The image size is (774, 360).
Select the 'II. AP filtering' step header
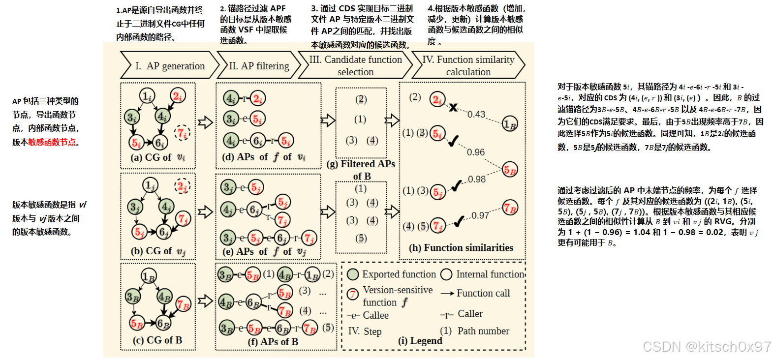click(x=259, y=66)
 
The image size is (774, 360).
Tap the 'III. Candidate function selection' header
click(x=355, y=65)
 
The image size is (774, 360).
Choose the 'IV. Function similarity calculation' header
click(x=468, y=65)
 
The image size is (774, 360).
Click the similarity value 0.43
click(x=476, y=114)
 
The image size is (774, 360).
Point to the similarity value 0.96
click(x=475, y=152)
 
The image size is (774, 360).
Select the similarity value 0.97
click(x=480, y=215)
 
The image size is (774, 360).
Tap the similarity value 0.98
click(x=477, y=179)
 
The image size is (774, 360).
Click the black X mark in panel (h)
click(x=453, y=107)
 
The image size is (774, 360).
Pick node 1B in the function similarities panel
click(x=510, y=124)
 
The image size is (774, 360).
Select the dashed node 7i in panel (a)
click(x=182, y=133)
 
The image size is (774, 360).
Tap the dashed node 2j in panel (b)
click(x=182, y=186)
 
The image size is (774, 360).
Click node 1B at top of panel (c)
click(x=149, y=276)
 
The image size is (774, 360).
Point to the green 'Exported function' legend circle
click(x=353, y=274)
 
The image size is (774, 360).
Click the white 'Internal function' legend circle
click(x=446, y=274)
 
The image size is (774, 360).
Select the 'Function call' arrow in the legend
click(x=447, y=294)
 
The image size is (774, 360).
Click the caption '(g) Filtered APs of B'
click(x=361, y=170)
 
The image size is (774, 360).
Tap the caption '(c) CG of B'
click(x=157, y=340)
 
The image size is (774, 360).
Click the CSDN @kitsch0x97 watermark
click(x=707, y=347)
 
